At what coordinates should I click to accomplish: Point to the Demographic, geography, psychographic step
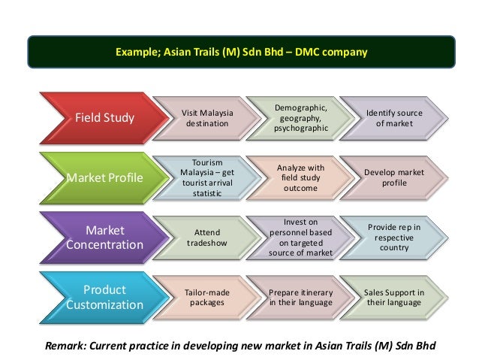coord(300,118)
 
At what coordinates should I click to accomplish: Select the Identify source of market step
coord(394,118)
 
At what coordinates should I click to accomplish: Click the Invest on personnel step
coord(300,237)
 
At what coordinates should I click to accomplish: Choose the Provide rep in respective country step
coord(394,237)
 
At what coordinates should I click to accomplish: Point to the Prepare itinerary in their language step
coord(300,297)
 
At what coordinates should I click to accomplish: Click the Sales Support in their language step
coord(394,297)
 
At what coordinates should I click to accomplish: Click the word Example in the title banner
coord(131,53)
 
